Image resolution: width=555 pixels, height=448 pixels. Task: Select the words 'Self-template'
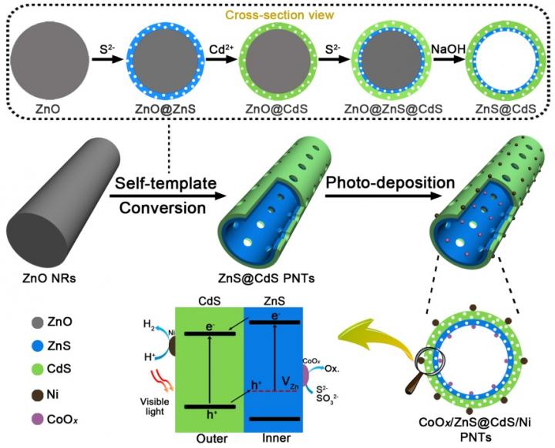tap(160, 184)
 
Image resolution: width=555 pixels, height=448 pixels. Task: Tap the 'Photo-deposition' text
tap(380, 184)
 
